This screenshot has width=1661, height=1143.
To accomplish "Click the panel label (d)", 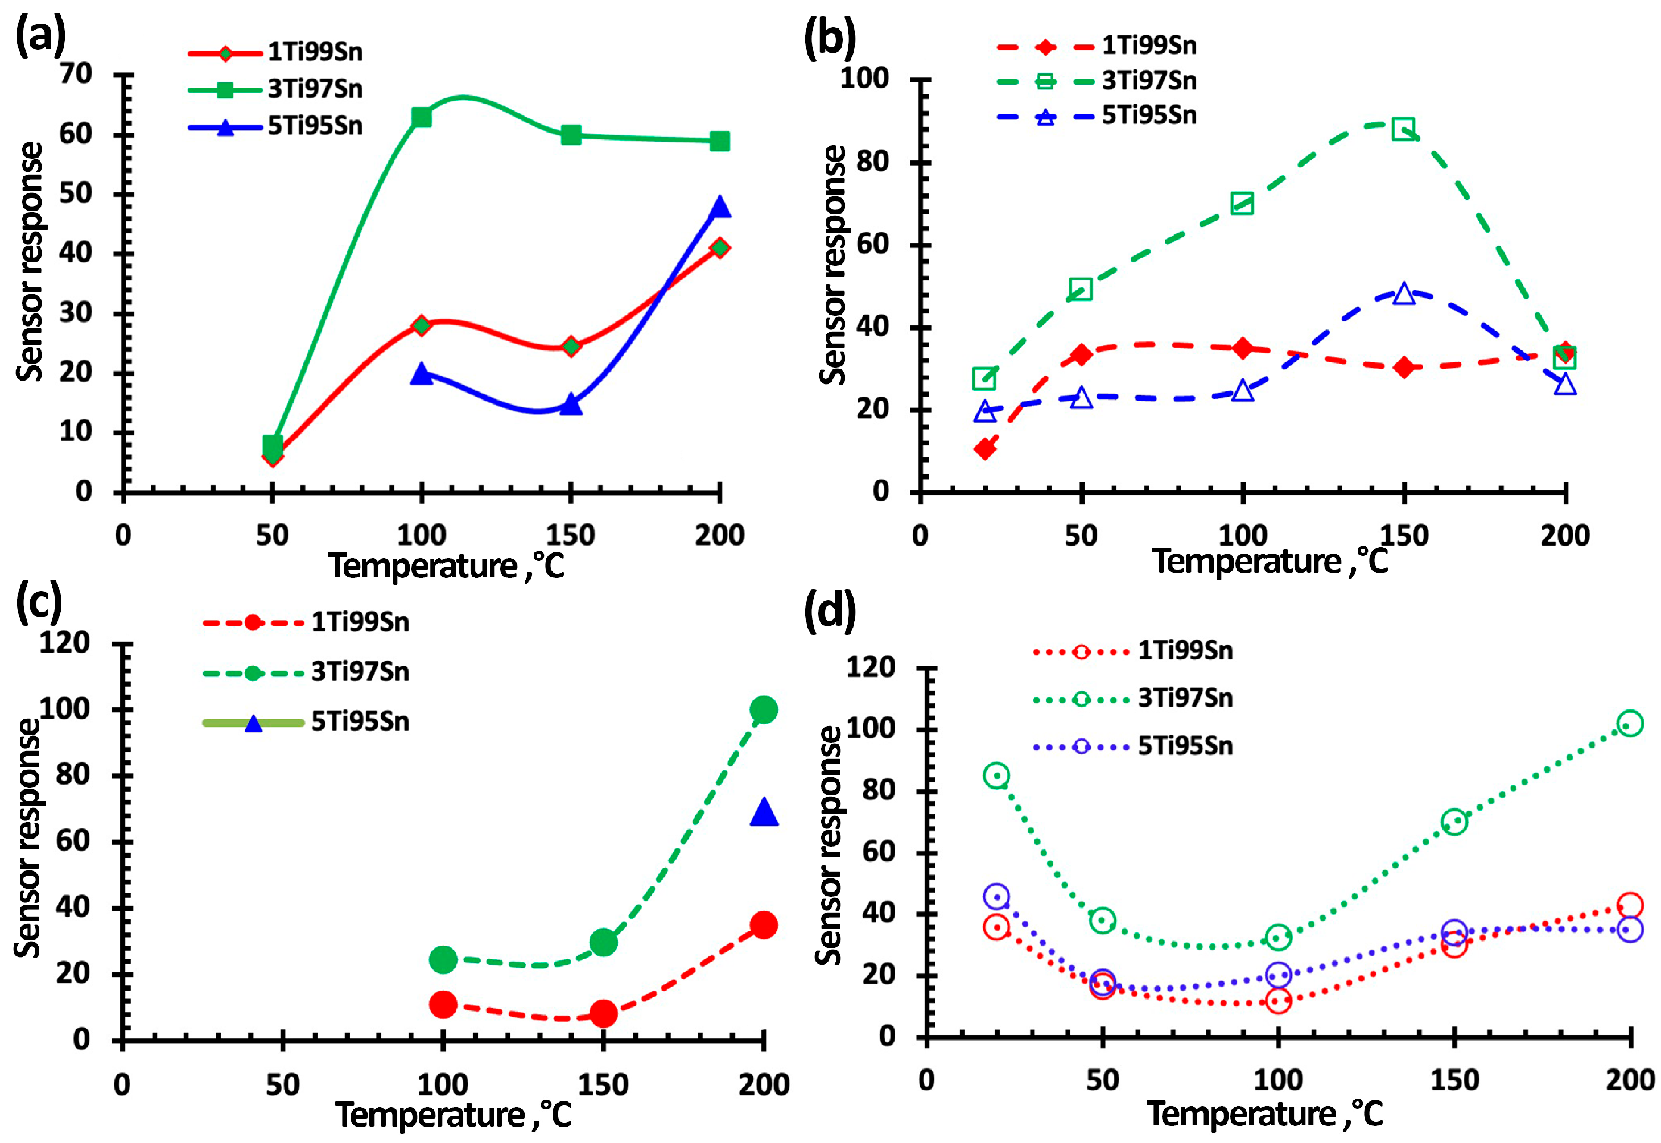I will (x=830, y=612).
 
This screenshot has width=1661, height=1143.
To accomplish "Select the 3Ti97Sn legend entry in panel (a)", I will (x=315, y=89).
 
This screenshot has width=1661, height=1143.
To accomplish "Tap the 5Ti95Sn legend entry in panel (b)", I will (x=1148, y=116).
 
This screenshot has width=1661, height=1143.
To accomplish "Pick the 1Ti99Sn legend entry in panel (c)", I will (x=360, y=622).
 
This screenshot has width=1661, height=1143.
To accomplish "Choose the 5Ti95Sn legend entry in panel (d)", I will (x=1185, y=746).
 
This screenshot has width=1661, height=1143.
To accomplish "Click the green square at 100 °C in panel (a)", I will (x=421, y=117).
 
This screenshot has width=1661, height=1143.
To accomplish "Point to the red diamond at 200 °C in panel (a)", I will (x=720, y=248).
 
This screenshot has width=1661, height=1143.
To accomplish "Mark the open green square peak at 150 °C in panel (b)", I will (x=1404, y=130).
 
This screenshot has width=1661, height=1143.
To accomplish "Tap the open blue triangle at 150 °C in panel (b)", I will (x=1404, y=294).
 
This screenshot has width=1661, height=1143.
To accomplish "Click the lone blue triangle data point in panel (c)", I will (x=764, y=814).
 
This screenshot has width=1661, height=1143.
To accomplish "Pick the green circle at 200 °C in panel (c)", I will (x=764, y=709).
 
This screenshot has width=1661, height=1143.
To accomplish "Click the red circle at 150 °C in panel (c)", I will (x=603, y=1013).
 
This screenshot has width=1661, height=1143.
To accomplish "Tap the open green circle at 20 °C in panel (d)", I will (x=996, y=775).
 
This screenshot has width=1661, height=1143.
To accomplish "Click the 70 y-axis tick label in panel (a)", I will (x=76, y=74).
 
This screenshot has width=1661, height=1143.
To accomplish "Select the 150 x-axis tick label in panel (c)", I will (x=603, y=1084).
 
